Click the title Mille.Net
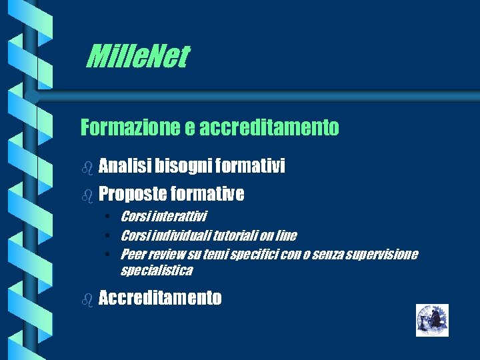137,57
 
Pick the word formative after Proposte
207,194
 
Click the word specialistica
156,270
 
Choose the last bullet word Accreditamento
159,298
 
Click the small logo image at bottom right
432,320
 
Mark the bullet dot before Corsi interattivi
107,216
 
